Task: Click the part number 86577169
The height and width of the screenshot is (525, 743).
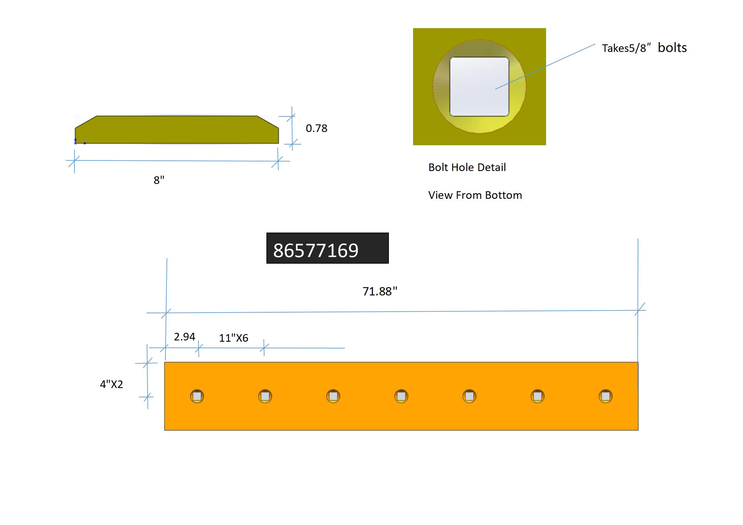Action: [316, 250]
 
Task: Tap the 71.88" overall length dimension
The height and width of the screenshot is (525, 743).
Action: [380, 291]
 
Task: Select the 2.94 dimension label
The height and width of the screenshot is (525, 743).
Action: [184, 337]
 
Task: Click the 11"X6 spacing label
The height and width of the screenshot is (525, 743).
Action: [233, 338]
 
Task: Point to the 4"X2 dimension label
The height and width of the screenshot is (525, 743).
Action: [112, 384]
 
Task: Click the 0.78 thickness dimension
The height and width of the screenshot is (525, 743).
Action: [316, 128]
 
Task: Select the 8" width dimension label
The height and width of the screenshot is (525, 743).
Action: [159, 180]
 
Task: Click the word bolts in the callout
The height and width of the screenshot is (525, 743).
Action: [672, 48]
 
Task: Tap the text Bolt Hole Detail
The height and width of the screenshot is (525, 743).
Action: [467, 167]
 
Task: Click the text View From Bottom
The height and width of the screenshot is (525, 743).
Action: [475, 195]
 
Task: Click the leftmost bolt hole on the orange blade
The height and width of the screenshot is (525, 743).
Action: [197, 396]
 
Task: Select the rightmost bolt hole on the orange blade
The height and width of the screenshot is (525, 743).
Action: [606, 396]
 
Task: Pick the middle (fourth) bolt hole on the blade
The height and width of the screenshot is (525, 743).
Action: [401, 396]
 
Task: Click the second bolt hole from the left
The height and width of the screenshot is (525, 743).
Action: [265, 396]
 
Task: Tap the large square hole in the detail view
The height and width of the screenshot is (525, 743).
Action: [479, 87]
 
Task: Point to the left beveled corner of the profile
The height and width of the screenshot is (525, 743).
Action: [86, 122]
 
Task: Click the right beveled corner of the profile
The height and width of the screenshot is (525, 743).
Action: [268, 122]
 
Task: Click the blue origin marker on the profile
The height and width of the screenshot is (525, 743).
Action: [76, 143]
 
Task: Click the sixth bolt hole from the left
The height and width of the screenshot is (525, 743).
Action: [537, 396]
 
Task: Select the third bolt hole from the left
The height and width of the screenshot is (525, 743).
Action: [333, 396]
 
